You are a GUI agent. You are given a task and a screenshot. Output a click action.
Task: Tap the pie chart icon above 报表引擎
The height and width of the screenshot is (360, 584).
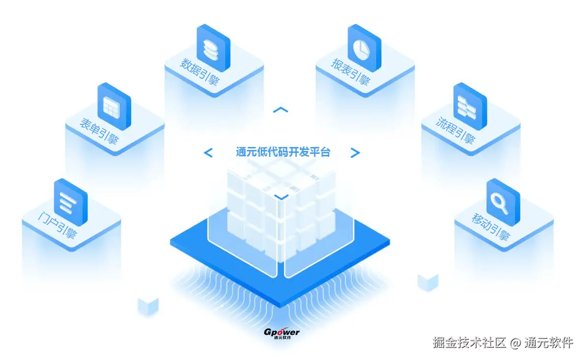click(x=363, y=46)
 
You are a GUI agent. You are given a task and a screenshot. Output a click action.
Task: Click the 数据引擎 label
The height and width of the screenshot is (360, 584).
click(x=200, y=72)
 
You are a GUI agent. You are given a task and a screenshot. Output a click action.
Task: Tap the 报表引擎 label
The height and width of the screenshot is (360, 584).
click(x=350, y=72)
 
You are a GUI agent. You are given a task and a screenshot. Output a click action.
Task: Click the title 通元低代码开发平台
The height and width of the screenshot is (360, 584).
click(x=283, y=152)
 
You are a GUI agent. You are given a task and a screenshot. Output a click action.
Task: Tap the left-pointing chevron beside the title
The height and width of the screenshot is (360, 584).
click(x=208, y=153)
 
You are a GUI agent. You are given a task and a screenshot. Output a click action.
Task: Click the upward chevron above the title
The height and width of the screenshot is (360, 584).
click(x=280, y=109)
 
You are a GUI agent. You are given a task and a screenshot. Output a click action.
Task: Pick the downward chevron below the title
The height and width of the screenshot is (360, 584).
click(x=281, y=197)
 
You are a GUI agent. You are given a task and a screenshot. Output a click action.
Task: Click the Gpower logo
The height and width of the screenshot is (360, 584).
click(x=281, y=333)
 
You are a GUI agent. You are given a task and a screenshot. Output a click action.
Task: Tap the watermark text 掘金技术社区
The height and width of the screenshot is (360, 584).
click(x=469, y=342)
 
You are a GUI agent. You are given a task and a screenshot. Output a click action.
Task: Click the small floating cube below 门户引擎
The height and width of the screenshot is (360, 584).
click(x=148, y=306)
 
